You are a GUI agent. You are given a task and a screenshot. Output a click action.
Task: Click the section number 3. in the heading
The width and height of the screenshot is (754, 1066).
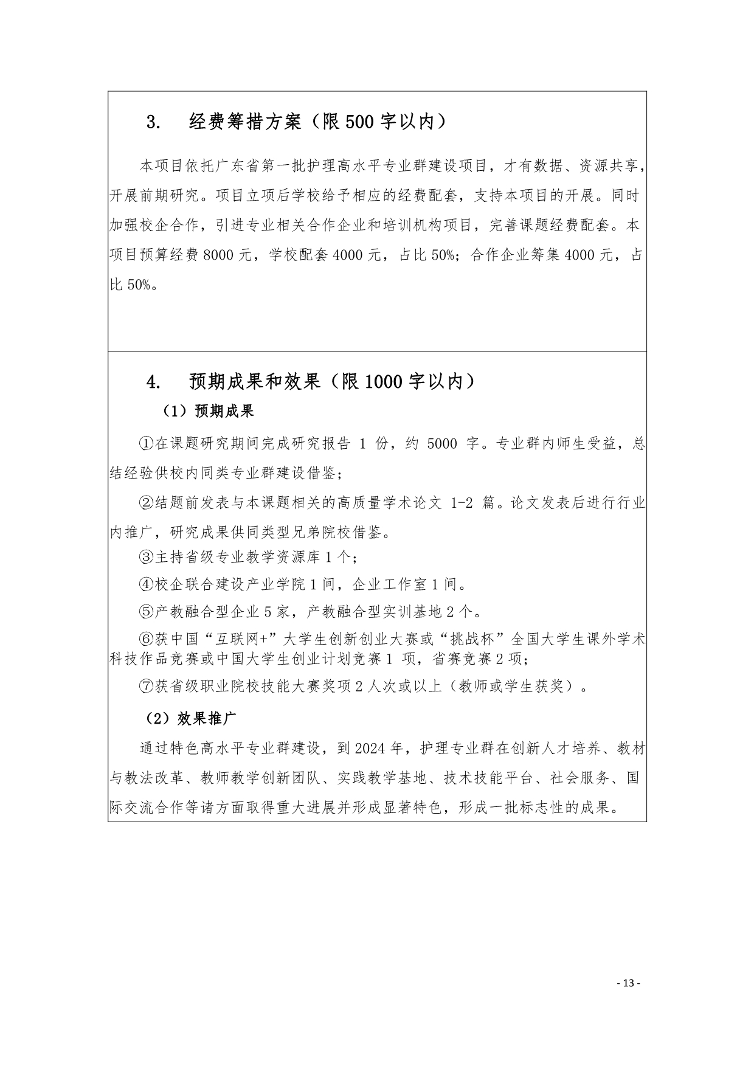pos(153,123)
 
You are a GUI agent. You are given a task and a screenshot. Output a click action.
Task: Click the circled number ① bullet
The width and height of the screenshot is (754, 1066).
pos(147,444)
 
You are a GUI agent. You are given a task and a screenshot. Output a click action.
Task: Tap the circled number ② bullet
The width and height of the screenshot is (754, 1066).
pos(147,504)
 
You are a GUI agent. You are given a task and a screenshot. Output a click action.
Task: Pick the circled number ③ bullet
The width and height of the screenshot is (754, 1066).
pos(147,556)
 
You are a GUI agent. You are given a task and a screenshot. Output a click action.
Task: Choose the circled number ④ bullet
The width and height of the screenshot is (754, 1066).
pos(147,584)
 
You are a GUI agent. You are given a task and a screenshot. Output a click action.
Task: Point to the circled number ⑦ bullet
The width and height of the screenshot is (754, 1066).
pos(147,687)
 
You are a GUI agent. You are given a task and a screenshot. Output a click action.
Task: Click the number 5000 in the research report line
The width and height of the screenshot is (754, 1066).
pos(442,444)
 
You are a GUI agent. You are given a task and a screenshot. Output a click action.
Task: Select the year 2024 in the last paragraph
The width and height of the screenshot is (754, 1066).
pos(370,749)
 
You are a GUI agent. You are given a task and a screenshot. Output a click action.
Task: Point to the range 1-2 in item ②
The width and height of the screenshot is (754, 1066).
pos(462,504)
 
